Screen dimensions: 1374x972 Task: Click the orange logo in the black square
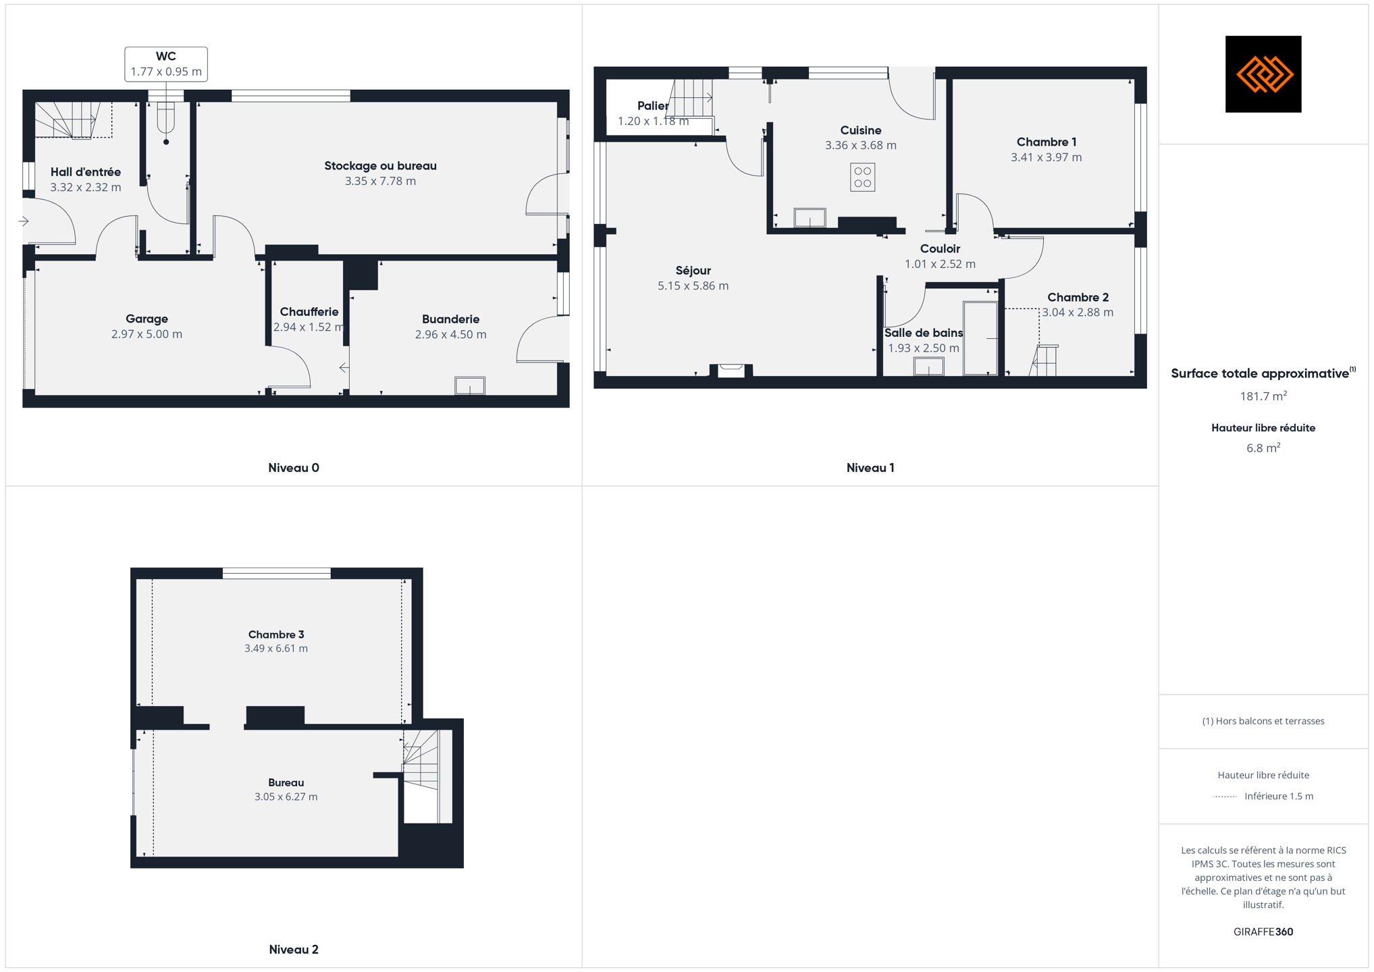[1263, 74]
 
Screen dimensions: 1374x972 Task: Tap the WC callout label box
[166, 64]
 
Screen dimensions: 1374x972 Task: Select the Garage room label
[147, 319]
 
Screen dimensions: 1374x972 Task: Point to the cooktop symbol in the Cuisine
[862, 178]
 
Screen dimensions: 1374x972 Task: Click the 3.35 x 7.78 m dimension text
[380, 181]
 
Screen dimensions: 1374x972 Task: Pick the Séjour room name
[693, 271]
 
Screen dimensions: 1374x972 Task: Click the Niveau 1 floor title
[870, 468]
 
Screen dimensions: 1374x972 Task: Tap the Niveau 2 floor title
[294, 950]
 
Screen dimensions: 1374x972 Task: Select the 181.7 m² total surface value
[1263, 396]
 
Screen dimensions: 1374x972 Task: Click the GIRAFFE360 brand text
[1263, 932]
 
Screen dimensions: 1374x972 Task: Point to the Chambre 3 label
[276, 634]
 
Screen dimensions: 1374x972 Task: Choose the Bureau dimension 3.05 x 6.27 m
[286, 797]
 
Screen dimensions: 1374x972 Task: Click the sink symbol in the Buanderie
[470, 385]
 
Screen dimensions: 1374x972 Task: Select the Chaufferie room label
[309, 312]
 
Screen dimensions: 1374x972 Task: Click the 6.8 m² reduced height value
[1263, 448]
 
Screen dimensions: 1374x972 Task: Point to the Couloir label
[940, 249]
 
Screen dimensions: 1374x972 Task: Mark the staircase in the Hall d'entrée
[74, 120]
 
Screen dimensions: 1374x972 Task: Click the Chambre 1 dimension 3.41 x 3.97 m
[1046, 157]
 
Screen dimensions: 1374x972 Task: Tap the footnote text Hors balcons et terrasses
[1263, 722]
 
